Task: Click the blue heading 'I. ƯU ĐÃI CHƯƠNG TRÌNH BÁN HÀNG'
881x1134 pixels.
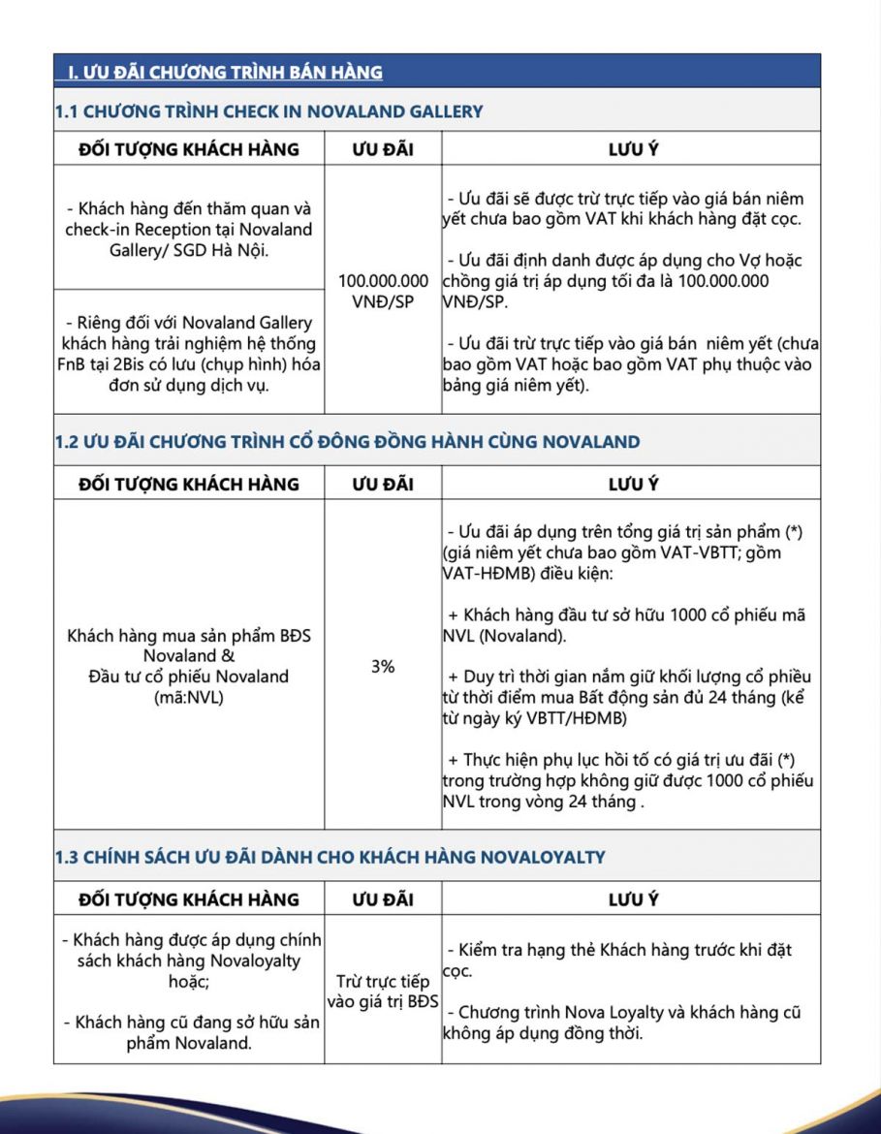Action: tap(225, 72)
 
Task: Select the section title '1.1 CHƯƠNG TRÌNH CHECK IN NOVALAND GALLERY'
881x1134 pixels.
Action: tap(268, 110)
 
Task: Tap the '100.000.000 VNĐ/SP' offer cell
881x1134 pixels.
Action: tap(383, 290)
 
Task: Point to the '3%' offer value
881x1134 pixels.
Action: tap(383, 667)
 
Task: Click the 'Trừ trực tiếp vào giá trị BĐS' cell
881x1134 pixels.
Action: tap(383, 992)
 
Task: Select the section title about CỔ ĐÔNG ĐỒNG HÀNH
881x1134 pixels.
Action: tap(347, 442)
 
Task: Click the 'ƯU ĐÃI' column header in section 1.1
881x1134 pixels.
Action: tap(383, 149)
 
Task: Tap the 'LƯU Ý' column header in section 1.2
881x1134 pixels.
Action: tap(633, 484)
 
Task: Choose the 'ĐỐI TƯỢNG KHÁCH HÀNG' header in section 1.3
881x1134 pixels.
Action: tap(189, 898)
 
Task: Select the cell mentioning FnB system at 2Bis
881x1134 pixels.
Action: tap(189, 353)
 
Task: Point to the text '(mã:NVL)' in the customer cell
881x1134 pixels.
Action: tap(189, 695)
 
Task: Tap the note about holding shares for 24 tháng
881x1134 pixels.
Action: tap(628, 697)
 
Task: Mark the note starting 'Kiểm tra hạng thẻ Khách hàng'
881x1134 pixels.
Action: tap(621, 960)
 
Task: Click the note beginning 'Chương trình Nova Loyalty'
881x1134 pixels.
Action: tap(621, 1022)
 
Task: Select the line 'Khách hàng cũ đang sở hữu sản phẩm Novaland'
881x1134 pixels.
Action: tap(189, 1033)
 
